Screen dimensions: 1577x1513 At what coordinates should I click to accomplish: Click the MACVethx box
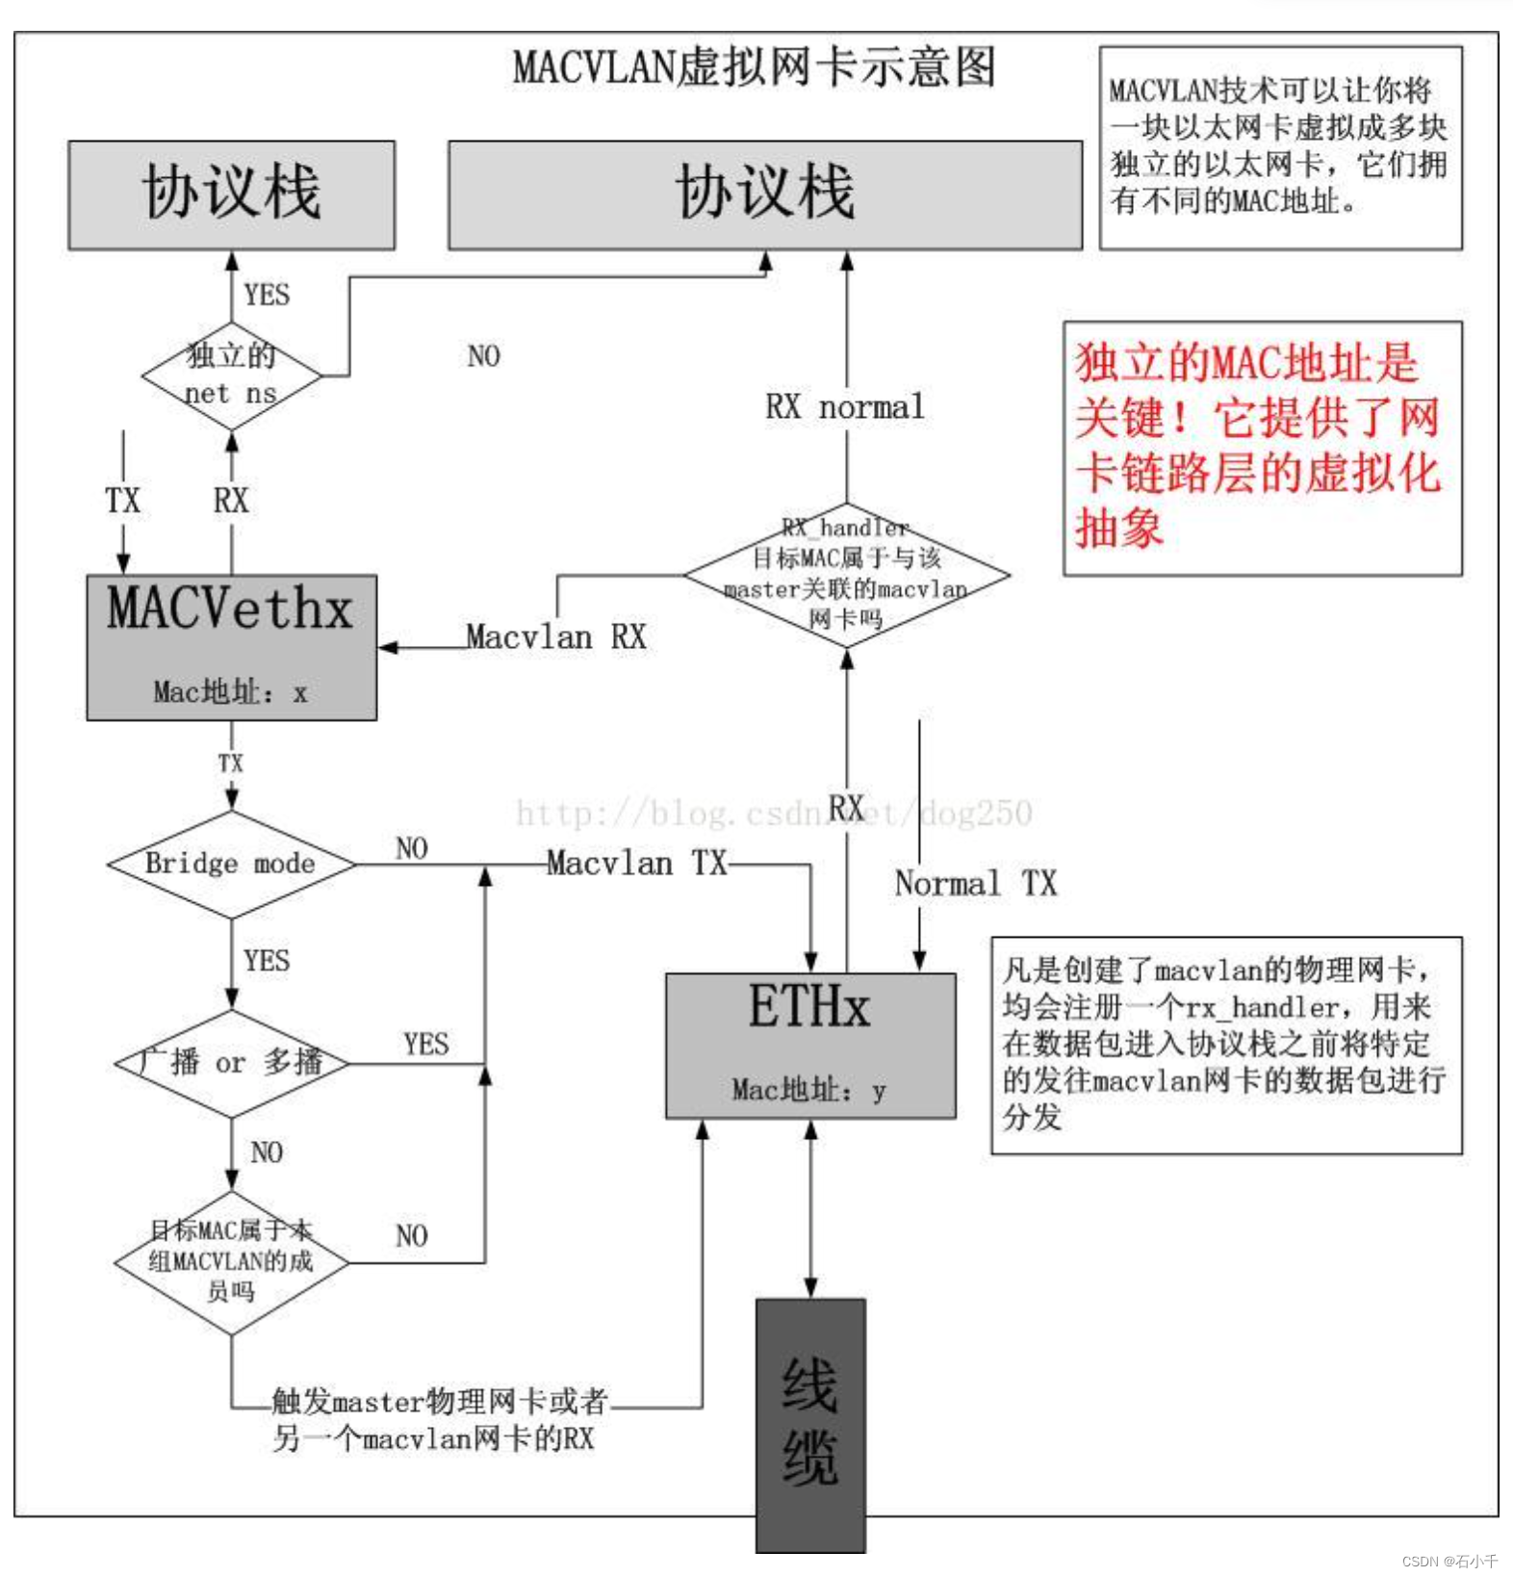(x=231, y=646)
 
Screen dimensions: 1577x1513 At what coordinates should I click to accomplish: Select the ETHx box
(x=810, y=1045)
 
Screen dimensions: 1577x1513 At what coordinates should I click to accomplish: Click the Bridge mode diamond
(x=231, y=864)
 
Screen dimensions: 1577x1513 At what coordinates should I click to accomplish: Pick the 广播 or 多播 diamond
(x=231, y=1063)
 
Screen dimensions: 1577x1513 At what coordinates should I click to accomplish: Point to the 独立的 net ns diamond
(x=231, y=375)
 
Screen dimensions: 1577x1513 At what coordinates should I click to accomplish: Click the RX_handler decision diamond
(x=846, y=574)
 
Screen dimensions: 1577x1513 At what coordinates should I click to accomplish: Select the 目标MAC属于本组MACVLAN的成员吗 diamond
(x=231, y=1261)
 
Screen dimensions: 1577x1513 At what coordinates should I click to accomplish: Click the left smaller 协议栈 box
(x=231, y=194)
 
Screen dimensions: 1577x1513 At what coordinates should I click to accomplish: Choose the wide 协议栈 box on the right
(x=765, y=194)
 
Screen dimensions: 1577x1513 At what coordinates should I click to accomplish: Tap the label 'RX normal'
(x=845, y=406)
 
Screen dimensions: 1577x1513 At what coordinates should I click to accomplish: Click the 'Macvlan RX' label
(x=556, y=636)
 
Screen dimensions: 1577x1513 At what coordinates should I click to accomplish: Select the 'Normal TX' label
(x=975, y=883)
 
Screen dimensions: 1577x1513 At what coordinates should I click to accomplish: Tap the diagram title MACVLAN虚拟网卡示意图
(x=754, y=67)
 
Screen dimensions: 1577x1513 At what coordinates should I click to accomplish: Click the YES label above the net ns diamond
(x=267, y=295)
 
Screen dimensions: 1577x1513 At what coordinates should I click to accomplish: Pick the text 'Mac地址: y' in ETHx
(x=808, y=1090)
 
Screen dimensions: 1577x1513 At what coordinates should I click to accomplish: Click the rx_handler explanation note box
(x=1226, y=1045)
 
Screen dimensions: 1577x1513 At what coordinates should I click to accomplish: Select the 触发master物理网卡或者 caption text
(x=439, y=1401)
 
